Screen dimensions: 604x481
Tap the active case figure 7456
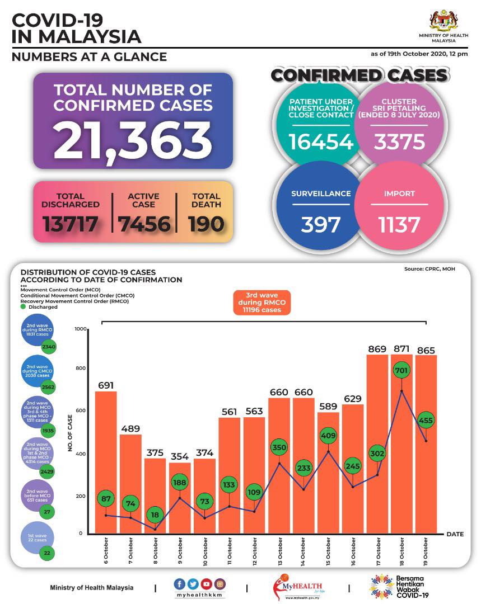click(x=144, y=224)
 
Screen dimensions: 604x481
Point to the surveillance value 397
click(x=321, y=224)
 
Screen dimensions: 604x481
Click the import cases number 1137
click(x=399, y=224)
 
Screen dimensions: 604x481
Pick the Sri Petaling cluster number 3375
click(x=399, y=142)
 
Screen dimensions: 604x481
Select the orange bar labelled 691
click(x=106, y=462)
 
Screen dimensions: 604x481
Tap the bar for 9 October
click(x=180, y=498)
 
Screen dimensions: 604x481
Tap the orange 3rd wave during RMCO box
click(x=263, y=303)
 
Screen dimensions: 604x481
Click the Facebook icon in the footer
click(x=180, y=584)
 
